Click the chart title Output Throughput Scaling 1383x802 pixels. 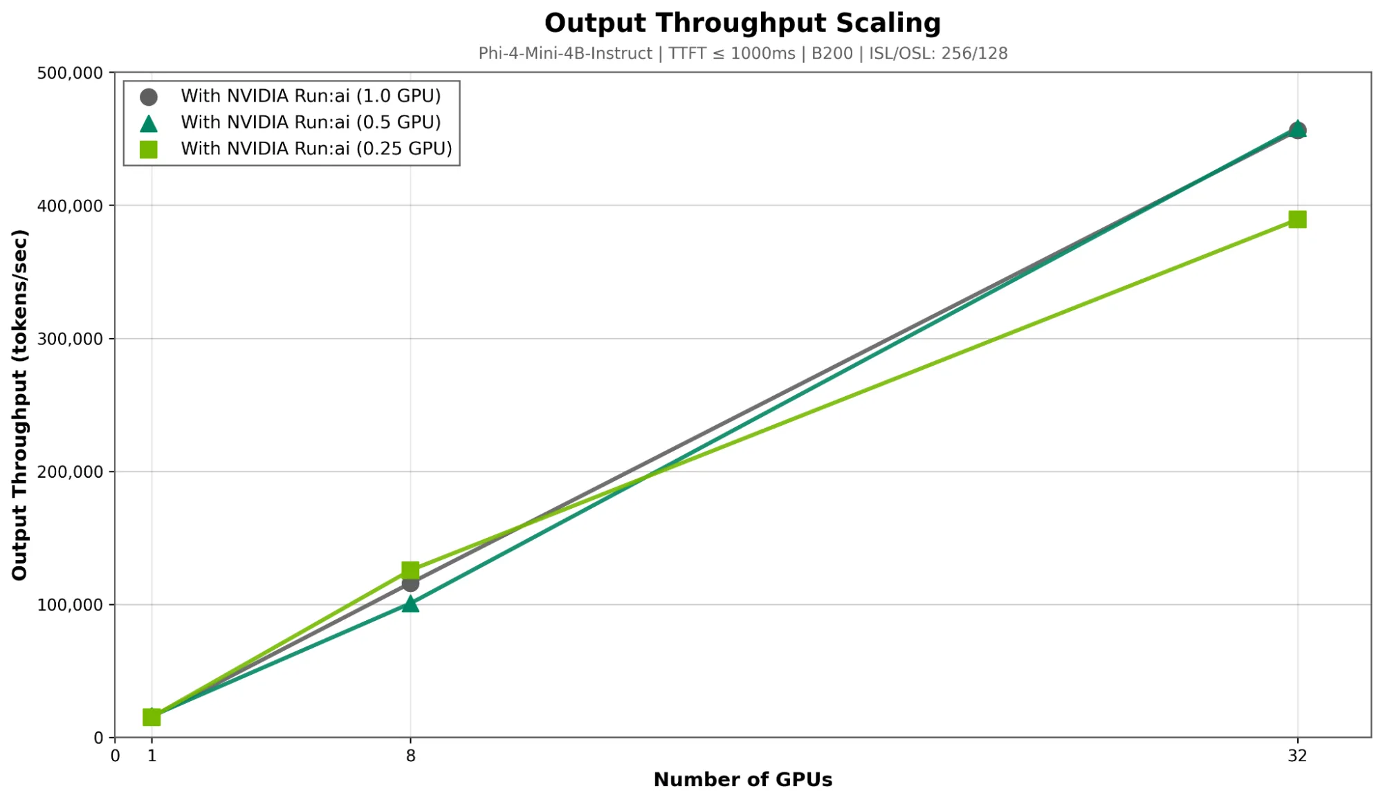[x=742, y=23]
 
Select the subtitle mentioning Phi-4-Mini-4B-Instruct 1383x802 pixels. [x=742, y=53]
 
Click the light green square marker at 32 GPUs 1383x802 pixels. [x=1297, y=220]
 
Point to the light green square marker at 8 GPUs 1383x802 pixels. [x=410, y=570]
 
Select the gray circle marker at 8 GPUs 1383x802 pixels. [x=410, y=584]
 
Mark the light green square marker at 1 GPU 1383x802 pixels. [x=152, y=717]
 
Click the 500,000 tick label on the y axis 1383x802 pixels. [x=70, y=73]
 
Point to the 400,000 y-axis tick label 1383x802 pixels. [x=70, y=206]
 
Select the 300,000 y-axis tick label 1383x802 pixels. [x=70, y=339]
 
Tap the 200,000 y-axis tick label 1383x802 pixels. [x=70, y=472]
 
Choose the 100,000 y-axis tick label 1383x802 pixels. [x=70, y=605]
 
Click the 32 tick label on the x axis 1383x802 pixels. [x=1297, y=756]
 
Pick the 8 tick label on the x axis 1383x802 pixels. [x=410, y=756]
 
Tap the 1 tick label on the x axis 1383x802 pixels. [x=152, y=756]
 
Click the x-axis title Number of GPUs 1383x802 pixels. [x=742, y=780]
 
